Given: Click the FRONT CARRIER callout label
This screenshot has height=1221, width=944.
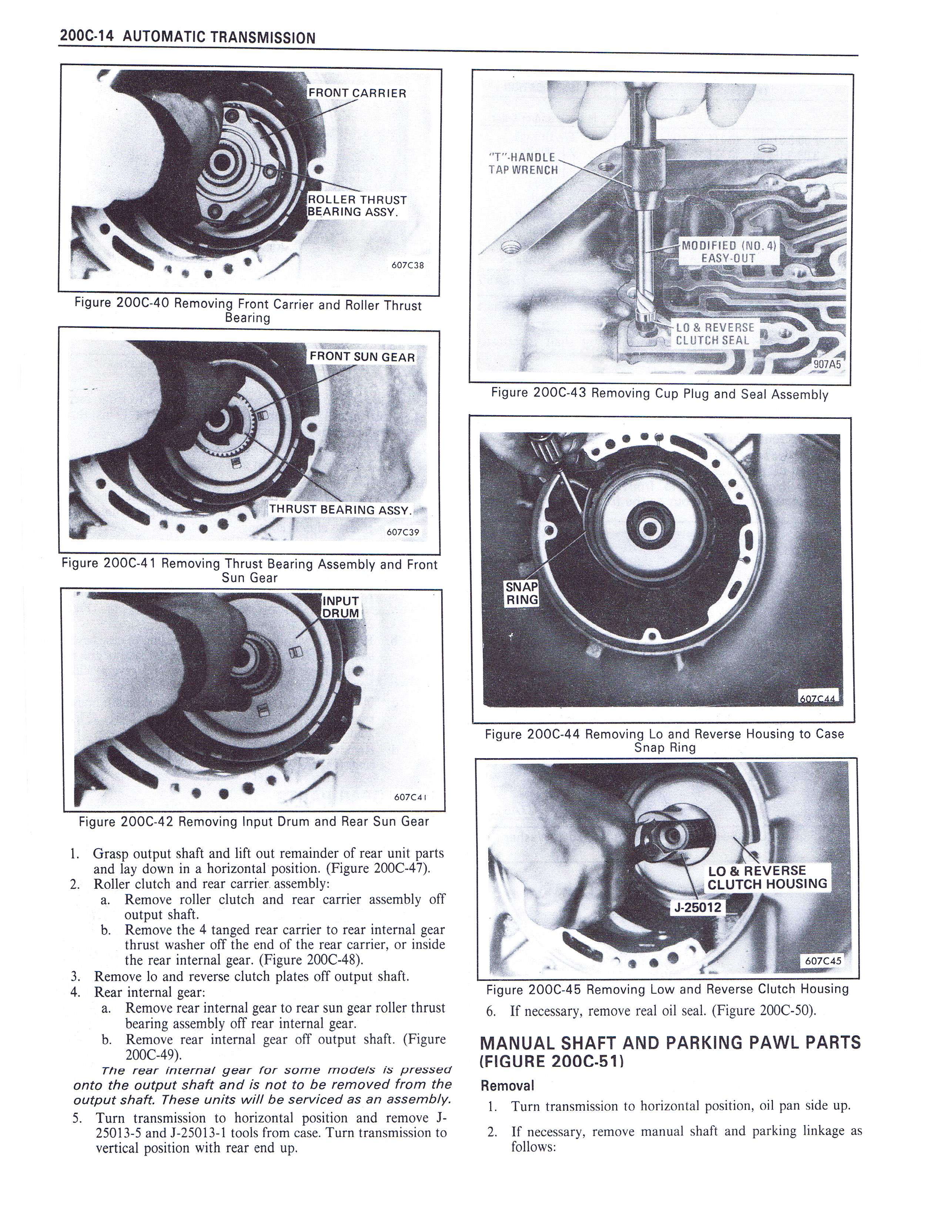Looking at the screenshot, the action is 357,93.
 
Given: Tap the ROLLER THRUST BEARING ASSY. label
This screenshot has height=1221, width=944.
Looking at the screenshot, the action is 357,206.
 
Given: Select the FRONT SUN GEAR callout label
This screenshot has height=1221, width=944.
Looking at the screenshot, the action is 362,357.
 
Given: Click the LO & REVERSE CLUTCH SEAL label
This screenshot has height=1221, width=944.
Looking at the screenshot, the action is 715,334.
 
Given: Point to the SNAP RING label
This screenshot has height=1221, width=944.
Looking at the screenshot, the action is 521,593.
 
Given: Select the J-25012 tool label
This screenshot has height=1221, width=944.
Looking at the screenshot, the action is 697,907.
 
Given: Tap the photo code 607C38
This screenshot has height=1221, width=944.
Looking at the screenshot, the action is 408,265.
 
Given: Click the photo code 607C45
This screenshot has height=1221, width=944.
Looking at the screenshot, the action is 823,961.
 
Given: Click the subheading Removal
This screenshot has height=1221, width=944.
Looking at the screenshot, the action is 507,1085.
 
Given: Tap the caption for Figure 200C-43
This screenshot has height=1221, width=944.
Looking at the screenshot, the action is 659,394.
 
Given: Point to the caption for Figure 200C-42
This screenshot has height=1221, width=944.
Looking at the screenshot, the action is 254,821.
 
